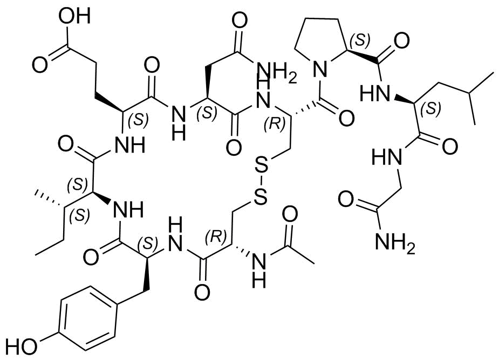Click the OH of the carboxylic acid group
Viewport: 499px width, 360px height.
click(x=76, y=16)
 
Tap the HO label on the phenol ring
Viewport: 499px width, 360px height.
click(x=22, y=346)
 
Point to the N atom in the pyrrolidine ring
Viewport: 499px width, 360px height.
click(x=321, y=68)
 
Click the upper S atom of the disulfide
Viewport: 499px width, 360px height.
click(x=261, y=167)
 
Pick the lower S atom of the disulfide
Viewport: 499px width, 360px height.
click(x=261, y=198)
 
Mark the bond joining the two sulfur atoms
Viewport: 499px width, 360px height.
click(x=261, y=183)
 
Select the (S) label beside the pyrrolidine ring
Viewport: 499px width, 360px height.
click(x=360, y=39)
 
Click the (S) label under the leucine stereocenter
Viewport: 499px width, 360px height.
click(x=430, y=109)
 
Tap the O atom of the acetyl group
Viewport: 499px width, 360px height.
click(x=290, y=214)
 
